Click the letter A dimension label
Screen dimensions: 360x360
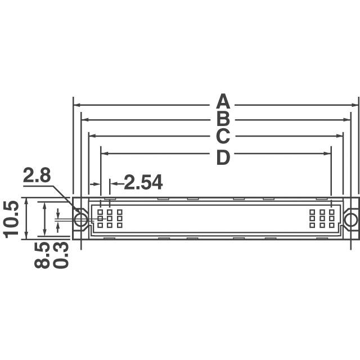pyautogui.click(x=223, y=103)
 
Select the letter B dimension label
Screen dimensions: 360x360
pyautogui.click(x=223, y=119)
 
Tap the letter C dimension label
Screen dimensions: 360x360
pyautogui.click(x=223, y=136)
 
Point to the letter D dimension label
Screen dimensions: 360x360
pyautogui.click(x=223, y=158)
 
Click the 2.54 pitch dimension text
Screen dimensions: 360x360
pyautogui.click(x=143, y=182)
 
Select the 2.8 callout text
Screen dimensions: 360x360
pyautogui.click(x=37, y=176)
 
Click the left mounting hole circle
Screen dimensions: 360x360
pyautogui.click(x=81, y=219)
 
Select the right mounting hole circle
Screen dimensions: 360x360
pyautogui.click(x=351, y=219)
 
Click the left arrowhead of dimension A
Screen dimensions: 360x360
pyautogui.click(x=76, y=105)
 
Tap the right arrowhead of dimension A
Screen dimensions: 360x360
pyautogui.click(x=356, y=105)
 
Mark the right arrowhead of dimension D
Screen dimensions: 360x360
pyautogui.click(x=328, y=153)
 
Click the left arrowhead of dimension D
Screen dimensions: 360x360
pyautogui.click(x=103, y=153)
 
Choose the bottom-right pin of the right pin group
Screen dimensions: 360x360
pyautogui.click(x=332, y=225)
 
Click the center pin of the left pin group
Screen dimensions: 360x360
pyautogui.click(x=110, y=219)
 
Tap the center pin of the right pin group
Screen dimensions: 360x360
pyautogui.click(x=322, y=219)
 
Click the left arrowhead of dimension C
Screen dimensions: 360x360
pyautogui.click(x=91, y=136)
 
